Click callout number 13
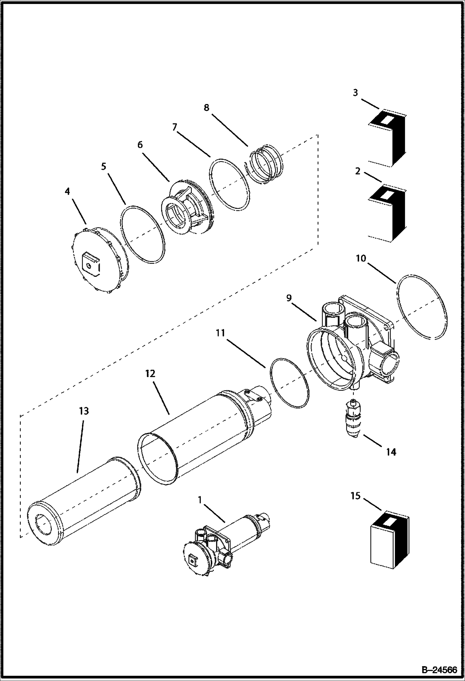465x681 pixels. coord(84,411)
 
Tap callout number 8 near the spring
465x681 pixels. coord(206,108)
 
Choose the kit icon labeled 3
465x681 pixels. coord(387,138)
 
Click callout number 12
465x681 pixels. coord(150,374)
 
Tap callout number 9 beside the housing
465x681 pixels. coord(289,298)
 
